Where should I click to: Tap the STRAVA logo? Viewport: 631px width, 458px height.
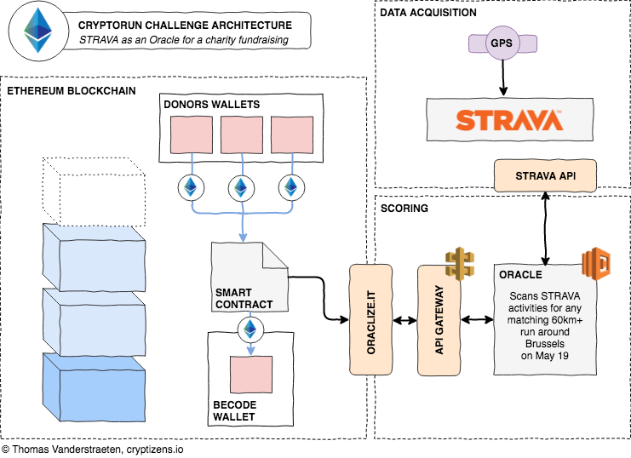tap(508, 119)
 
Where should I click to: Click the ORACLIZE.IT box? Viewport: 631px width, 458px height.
tap(372, 319)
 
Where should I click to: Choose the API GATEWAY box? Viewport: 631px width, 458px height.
tap(439, 319)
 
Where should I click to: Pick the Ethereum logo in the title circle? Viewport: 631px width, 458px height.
tap(37, 31)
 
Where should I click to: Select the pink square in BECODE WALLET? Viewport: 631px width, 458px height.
tap(250, 375)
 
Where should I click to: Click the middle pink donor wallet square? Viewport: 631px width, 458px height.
tap(242, 136)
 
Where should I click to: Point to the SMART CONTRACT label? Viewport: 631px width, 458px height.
tap(244, 298)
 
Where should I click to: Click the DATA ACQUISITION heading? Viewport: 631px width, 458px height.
tap(428, 13)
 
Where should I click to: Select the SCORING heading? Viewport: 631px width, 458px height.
tap(404, 207)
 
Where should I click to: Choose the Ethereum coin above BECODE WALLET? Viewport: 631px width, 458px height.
tap(250, 328)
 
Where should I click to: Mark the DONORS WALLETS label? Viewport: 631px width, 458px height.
tap(211, 105)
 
